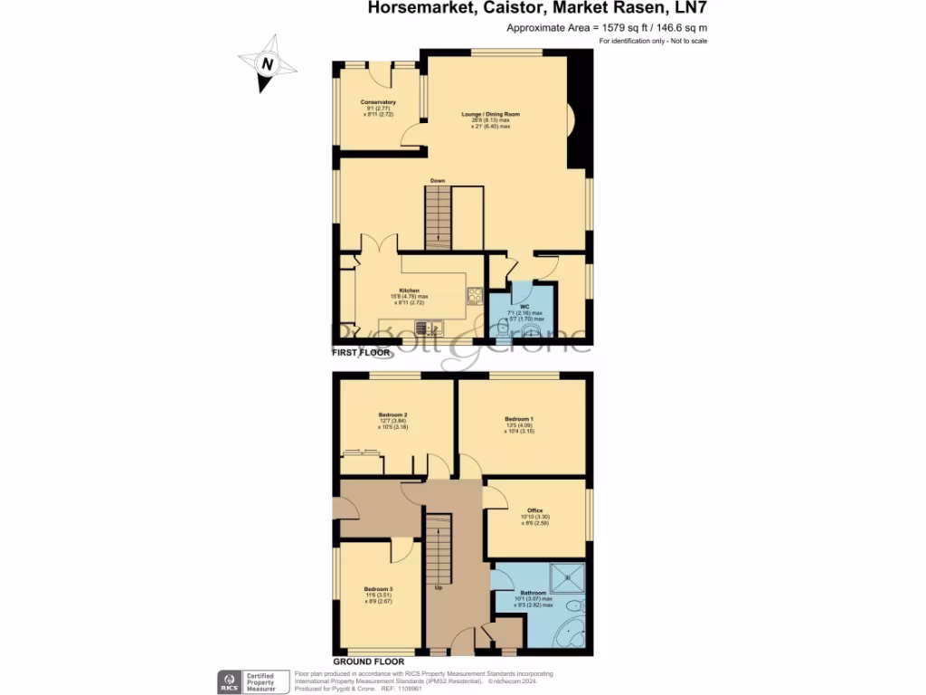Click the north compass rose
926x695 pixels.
[267, 63]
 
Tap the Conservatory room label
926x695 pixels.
[378, 102]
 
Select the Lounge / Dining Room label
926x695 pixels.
[490, 115]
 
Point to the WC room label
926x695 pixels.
[524, 307]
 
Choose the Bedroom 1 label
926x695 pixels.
[519, 419]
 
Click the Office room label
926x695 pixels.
[534, 510]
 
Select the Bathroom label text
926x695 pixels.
[534, 594]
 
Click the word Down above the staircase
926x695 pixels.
[438, 181]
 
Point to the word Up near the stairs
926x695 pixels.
[439, 587]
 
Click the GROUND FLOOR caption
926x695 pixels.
[365, 662]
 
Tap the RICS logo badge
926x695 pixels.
[228, 681]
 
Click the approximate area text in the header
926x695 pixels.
[607, 28]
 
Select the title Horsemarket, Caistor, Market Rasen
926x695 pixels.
[537, 9]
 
